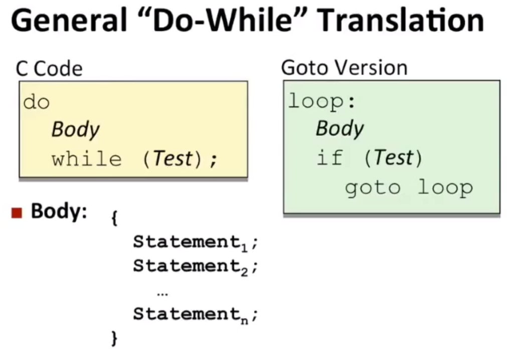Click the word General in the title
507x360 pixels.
(x=69, y=20)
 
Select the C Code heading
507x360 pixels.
(x=49, y=69)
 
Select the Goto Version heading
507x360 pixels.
(x=345, y=68)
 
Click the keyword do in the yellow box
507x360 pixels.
(x=36, y=102)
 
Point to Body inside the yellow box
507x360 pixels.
(x=75, y=130)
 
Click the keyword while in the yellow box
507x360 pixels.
(x=86, y=159)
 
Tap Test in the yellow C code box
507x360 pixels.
(x=173, y=158)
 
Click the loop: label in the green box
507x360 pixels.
(x=322, y=101)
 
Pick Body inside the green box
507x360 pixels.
(x=340, y=129)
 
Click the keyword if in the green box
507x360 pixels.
(x=329, y=158)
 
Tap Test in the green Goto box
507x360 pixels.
(x=394, y=158)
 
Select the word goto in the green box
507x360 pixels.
(x=373, y=189)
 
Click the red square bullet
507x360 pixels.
(x=17, y=213)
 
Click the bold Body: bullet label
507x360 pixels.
(x=59, y=212)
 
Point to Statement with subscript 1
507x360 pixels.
(x=190, y=242)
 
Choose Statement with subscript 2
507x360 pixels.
(x=190, y=267)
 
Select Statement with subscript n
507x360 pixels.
(x=190, y=314)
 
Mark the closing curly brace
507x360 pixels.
(x=114, y=338)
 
